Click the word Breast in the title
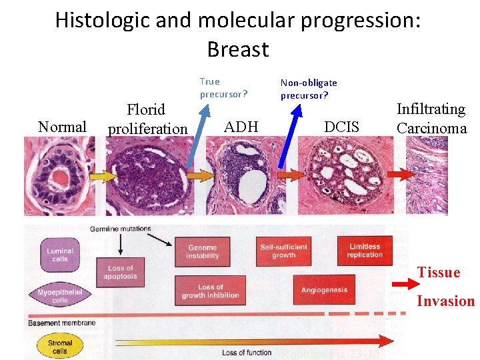(237, 49)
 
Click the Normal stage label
(62, 127)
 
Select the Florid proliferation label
(147, 119)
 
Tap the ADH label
(241, 127)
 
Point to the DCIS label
(341, 127)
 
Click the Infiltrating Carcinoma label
(431, 119)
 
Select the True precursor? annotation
(223, 88)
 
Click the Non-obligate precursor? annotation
(308, 89)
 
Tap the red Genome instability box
(202, 251)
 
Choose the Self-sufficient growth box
(283, 251)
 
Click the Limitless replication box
(365, 251)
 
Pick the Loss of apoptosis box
(120, 272)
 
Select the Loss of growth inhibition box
(210, 291)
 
